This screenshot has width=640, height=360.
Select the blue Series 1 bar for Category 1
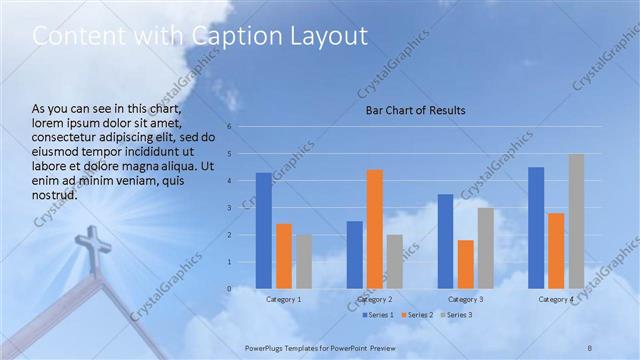point(263,230)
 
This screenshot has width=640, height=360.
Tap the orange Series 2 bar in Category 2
point(374,229)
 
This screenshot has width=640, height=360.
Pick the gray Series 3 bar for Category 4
point(576,221)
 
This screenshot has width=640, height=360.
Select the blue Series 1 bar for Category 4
point(536,227)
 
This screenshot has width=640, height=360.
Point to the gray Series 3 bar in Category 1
point(304,261)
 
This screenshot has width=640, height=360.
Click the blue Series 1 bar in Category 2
point(354,254)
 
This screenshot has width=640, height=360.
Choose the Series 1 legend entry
point(378,315)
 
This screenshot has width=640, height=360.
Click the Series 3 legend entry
point(455,315)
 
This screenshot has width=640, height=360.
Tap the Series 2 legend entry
point(417,315)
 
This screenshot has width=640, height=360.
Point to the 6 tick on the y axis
point(229,127)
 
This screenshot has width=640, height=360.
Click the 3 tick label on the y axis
point(229,208)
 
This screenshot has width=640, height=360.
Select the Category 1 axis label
point(284,299)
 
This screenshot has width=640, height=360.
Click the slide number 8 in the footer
point(590,346)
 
